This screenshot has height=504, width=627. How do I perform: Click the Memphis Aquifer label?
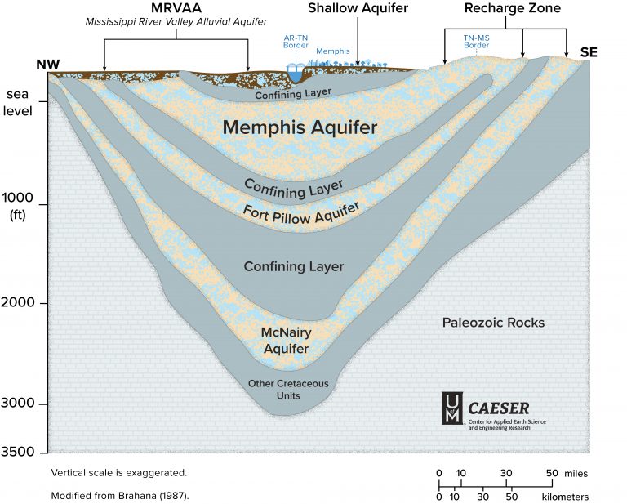pyautogui.click(x=300, y=128)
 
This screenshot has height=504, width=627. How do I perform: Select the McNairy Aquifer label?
pyautogui.click(x=285, y=341)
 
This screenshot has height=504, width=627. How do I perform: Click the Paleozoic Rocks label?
pyautogui.click(x=493, y=323)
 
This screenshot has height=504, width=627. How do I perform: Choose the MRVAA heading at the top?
pyautogui.click(x=177, y=8)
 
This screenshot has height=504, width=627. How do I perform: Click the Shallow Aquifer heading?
pyautogui.click(x=358, y=8)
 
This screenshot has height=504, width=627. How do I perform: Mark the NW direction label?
pyautogui.click(x=48, y=65)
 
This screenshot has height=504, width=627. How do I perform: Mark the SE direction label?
pyautogui.click(x=589, y=52)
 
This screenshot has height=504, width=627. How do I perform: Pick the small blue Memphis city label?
pyautogui.click(x=332, y=51)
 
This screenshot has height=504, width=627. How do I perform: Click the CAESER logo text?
pyautogui.click(x=499, y=407)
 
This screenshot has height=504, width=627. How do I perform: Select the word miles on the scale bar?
pyautogui.click(x=575, y=473)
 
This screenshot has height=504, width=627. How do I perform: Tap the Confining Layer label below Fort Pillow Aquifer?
pyautogui.click(x=294, y=267)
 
